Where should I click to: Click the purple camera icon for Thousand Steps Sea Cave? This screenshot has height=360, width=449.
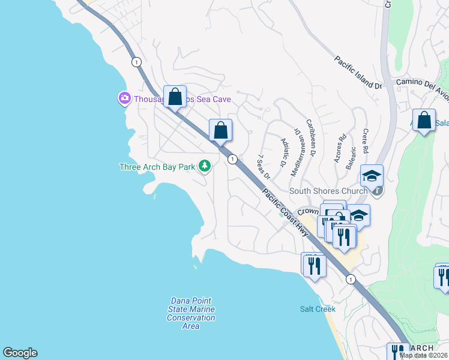click(124, 98)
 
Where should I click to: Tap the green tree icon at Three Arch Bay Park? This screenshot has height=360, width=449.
click(205, 166)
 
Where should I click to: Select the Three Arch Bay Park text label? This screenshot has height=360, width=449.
click(158, 167)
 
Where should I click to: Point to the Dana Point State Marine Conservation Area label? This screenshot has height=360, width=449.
click(190, 309)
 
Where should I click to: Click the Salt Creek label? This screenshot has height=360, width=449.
click(318, 309)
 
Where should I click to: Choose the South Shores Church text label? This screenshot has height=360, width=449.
click(328, 191)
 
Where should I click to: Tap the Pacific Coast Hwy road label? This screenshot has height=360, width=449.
click(286, 212)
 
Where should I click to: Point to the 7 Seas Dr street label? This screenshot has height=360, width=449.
click(264, 166)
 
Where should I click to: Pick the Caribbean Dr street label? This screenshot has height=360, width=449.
click(311, 138)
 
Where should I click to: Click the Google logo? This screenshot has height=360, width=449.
click(20, 353)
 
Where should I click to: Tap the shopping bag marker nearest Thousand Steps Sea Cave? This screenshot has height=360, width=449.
click(175, 97)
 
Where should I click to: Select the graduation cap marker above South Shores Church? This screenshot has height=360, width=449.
click(372, 176)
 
